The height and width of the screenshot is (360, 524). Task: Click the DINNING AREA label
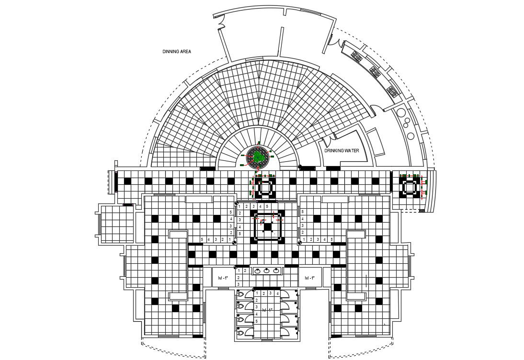pos(177,51)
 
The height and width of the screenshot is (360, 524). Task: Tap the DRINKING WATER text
pos(342,151)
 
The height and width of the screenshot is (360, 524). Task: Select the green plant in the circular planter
pos(258,157)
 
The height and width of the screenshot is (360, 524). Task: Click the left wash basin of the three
pos(258,271)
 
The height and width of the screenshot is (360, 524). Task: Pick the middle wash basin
pos(267,271)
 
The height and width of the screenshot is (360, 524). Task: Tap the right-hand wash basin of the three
pos(276,271)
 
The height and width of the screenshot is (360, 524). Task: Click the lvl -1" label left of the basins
pos(223,278)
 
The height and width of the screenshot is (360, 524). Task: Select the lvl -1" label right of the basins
pos(309,278)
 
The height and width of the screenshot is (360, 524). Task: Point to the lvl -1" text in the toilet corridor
pos(267,310)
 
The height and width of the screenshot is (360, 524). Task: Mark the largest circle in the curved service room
pos(401,115)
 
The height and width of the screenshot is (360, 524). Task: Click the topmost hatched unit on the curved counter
pos(356,56)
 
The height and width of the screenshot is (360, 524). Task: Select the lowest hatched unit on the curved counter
pos(393,91)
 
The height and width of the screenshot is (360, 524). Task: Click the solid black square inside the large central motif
pos(267,228)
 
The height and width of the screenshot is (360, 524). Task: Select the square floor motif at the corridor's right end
pos(410,188)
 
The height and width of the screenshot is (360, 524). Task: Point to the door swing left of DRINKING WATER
pos(327,141)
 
